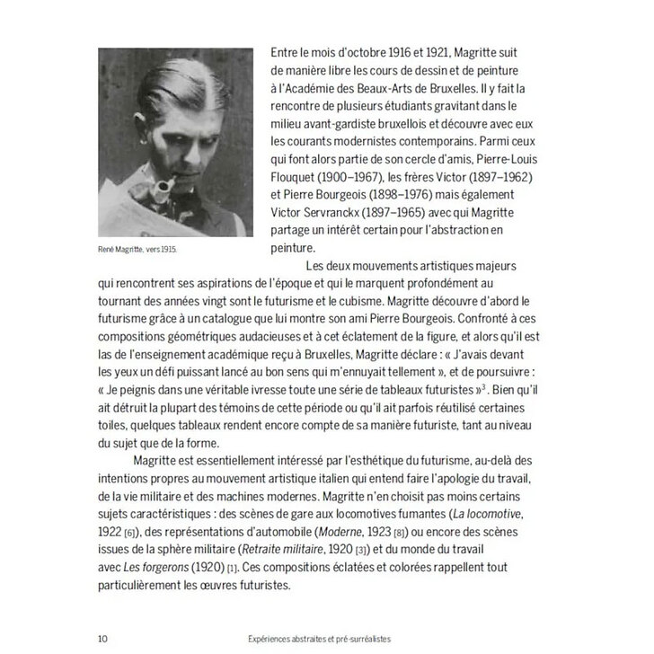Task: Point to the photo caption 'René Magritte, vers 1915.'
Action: pos(145,252)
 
